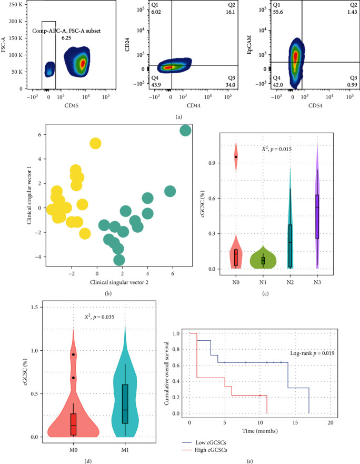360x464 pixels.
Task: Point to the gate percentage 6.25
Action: pyautogui.click(x=66, y=38)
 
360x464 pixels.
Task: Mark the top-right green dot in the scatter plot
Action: pyautogui.click(x=185, y=130)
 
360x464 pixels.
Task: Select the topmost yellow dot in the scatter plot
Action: pyautogui.click(x=95, y=143)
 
